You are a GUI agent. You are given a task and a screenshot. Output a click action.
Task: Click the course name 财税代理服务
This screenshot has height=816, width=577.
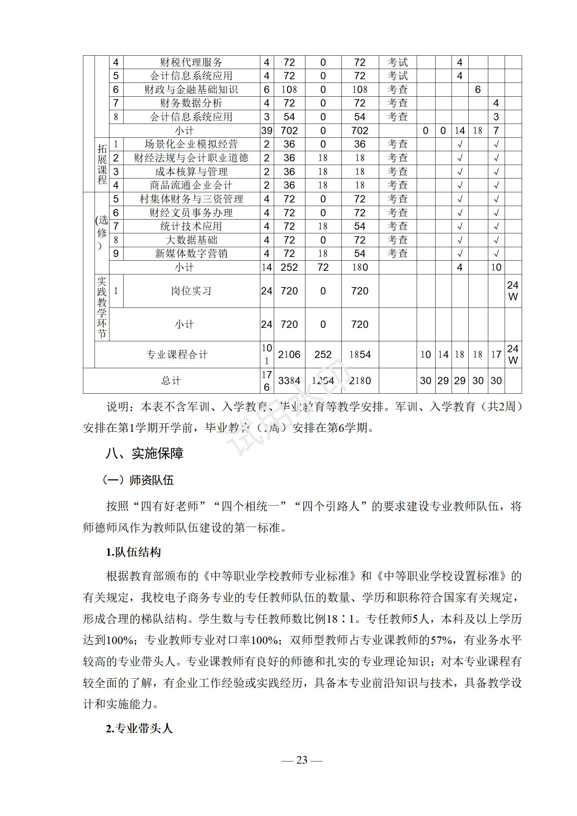coord(191,63)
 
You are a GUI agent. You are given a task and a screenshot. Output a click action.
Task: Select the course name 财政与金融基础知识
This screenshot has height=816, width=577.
coord(191,90)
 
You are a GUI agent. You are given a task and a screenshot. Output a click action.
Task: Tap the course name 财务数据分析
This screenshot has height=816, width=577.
coord(191,103)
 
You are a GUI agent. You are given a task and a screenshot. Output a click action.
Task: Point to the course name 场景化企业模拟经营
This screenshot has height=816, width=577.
coord(191,144)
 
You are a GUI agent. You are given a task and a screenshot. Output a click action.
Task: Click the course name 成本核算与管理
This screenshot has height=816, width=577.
coord(191,172)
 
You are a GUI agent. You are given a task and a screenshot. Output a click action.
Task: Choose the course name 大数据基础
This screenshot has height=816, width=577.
coord(191,240)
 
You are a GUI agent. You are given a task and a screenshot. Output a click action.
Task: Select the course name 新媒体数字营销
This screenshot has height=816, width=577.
coord(191,254)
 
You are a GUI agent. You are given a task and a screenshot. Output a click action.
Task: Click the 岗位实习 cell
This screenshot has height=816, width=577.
coord(191,291)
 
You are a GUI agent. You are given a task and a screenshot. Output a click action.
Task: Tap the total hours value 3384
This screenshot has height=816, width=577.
coord(289,381)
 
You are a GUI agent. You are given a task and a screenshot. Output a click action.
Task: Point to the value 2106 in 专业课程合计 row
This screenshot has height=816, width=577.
coord(289,354)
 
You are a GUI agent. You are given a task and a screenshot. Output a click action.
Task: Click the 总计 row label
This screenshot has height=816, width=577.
coord(171,381)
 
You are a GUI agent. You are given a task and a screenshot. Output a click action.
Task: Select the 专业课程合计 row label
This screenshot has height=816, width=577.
coord(177,354)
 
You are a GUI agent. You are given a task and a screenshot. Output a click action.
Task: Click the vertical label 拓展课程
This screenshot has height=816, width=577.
coord(102,164)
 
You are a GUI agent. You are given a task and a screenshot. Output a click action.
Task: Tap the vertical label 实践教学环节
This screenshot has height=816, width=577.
coord(102,307)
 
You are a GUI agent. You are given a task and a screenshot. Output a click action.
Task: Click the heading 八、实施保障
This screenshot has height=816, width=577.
coord(145,453)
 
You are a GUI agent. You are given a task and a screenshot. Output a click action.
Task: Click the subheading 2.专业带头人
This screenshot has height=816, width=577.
coord(139,728)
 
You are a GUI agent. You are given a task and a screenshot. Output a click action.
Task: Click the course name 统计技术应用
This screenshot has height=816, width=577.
coord(191,226)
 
